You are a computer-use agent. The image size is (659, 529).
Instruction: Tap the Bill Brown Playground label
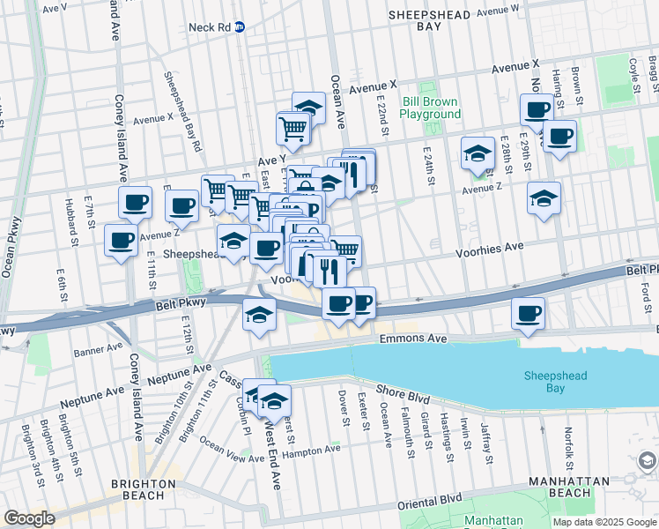[432, 108]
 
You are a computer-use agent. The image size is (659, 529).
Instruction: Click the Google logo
[29, 518]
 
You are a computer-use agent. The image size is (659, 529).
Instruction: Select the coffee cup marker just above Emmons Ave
[528, 314]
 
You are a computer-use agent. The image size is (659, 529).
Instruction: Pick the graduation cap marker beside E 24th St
[478, 153]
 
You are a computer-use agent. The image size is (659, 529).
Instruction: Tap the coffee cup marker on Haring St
[558, 138]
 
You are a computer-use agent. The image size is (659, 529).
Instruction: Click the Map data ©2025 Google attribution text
[603, 522]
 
